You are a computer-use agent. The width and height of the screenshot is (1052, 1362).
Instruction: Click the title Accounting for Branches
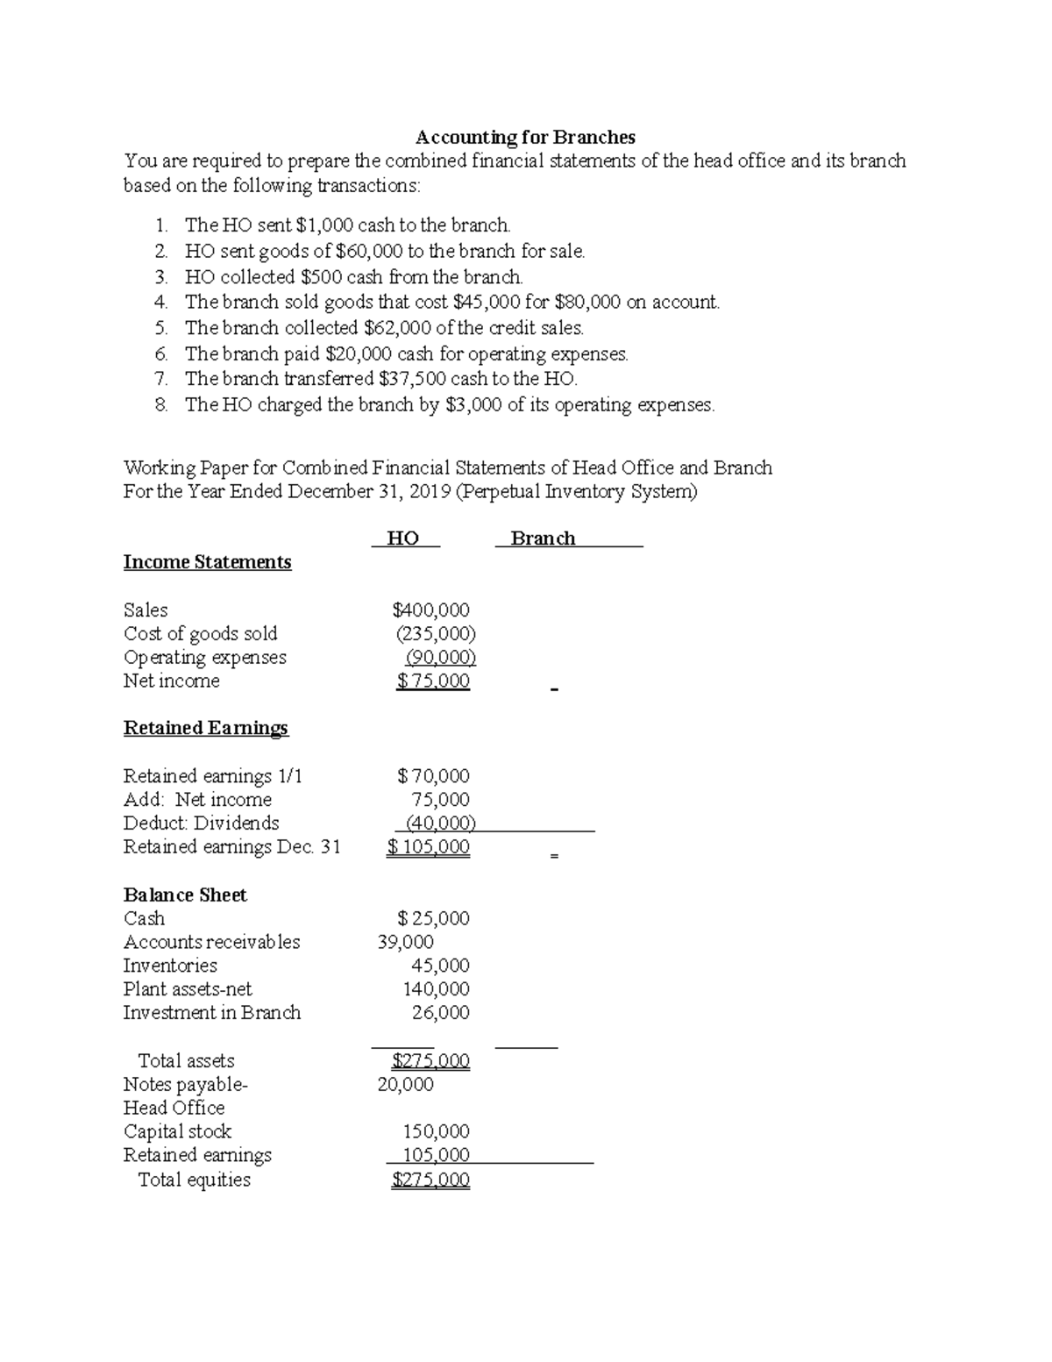click(525, 137)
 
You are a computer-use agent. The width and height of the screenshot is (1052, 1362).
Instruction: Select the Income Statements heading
click(207, 562)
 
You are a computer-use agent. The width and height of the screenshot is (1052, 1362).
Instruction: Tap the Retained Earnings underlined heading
click(206, 728)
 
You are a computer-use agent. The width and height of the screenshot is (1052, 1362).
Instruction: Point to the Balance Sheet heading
click(185, 895)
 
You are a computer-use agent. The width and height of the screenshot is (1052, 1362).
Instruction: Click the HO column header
click(403, 538)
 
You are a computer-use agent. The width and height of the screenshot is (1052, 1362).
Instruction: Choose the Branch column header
click(543, 538)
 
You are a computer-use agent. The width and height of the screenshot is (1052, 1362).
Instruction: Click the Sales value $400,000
click(430, 610)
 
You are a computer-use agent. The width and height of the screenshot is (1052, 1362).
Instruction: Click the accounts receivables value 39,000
click(405, 942)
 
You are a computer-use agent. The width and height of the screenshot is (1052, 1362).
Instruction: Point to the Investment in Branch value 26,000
click(440, 1013)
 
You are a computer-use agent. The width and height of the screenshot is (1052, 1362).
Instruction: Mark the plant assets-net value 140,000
click(436, 989)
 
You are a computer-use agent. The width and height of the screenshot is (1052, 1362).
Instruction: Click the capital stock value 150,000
click(436, 1131)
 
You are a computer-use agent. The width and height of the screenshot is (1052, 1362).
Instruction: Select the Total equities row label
click(195, 1180)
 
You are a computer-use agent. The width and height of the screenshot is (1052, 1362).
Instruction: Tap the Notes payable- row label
click(186, 1084)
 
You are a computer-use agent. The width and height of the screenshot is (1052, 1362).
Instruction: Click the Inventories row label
click(170, 966)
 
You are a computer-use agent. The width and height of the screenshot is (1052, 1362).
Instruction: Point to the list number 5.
click(160, 328)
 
